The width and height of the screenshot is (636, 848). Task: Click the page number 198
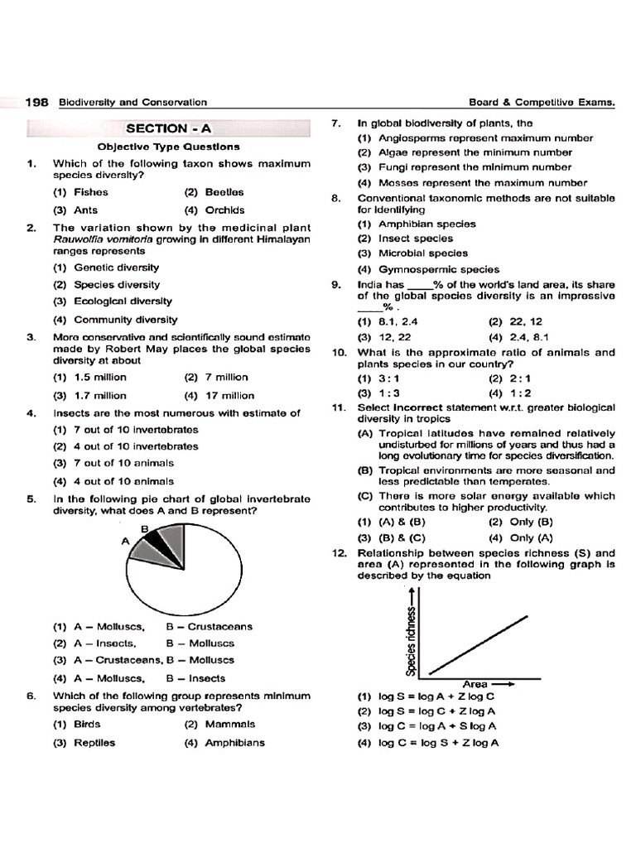[x=38, y=103]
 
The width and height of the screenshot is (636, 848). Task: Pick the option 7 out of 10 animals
[x=113, y=463]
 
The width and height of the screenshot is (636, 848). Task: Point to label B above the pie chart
[x=143, y=528]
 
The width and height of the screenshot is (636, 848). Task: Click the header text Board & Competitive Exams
[x=542, y=103]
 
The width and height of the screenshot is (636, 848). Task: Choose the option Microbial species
[x=412, y=253]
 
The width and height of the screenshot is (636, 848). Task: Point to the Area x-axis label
[x=475, y=684]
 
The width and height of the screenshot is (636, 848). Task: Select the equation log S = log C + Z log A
[x=427, y=711]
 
